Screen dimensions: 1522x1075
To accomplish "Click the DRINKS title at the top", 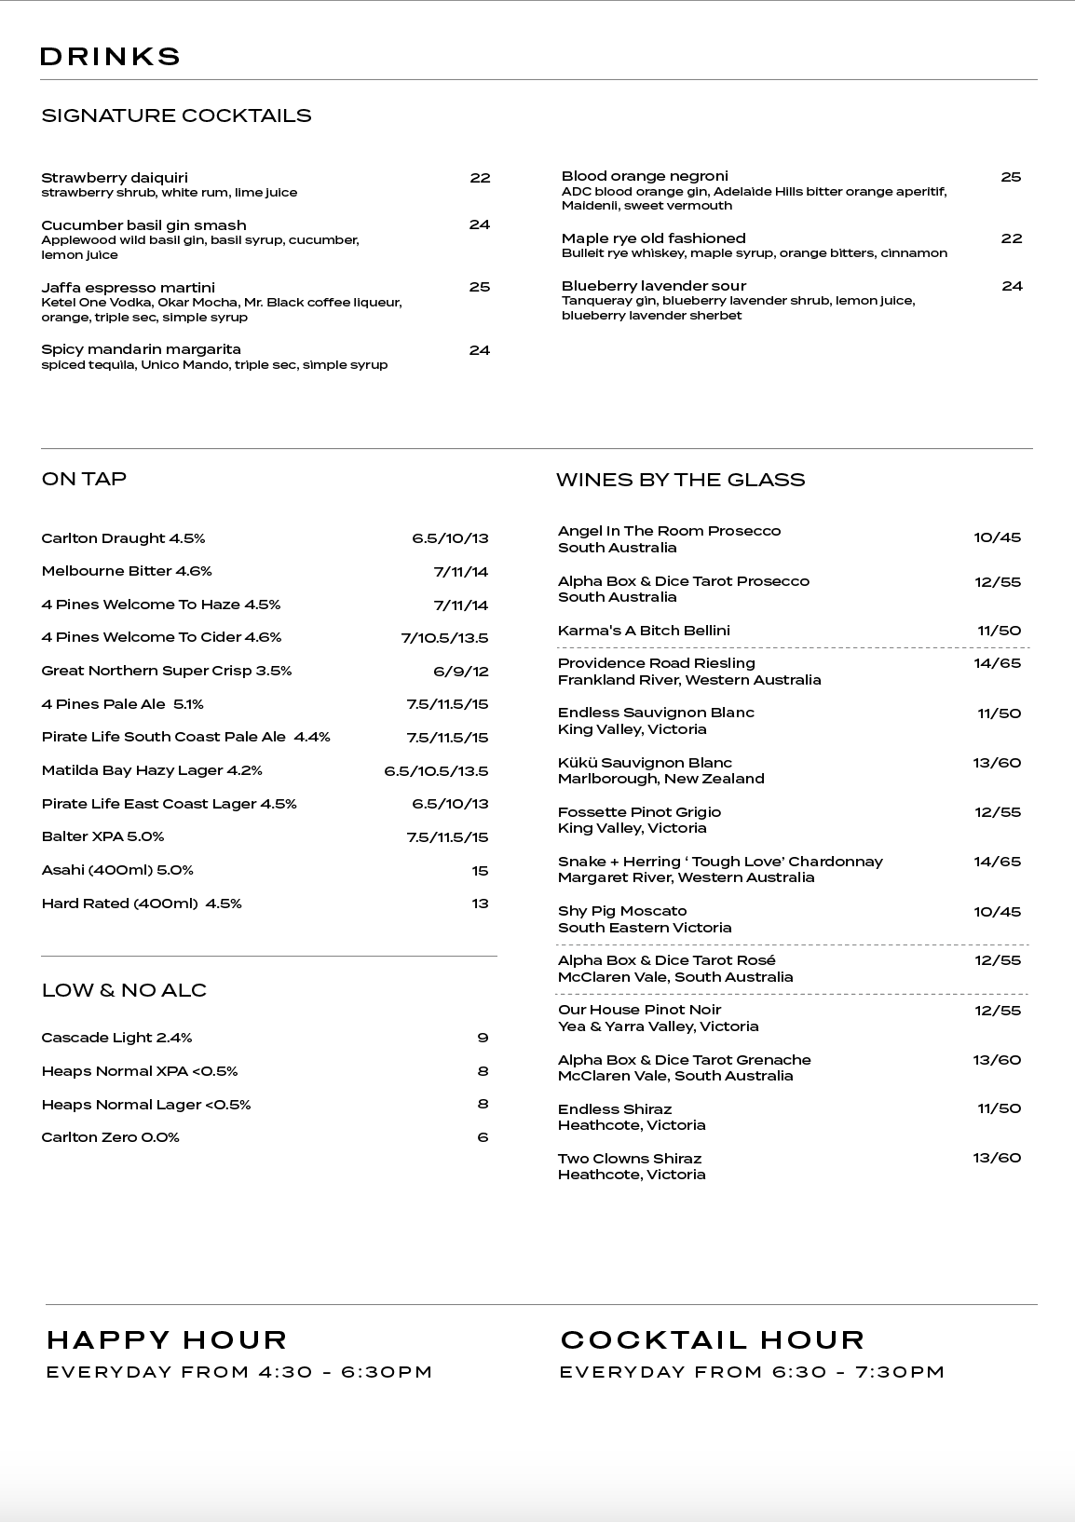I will [x=110, y=57].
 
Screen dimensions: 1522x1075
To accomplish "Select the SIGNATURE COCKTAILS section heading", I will [x=176, y=116].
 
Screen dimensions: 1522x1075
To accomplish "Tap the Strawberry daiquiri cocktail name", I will [x=115, y=178].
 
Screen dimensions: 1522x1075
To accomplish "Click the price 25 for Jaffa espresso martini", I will [x=479, y=287].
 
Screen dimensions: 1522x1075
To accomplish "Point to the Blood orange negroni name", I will [x=645, y=176].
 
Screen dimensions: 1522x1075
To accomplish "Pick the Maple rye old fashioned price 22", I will [x=1011, y=238].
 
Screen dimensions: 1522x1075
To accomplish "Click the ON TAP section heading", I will [x=84, y=479].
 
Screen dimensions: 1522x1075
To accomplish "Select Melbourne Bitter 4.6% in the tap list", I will [x=127, y=571].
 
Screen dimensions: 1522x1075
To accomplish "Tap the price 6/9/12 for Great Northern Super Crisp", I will [x=460, y=672].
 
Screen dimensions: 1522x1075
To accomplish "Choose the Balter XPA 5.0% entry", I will [x=102, y=836].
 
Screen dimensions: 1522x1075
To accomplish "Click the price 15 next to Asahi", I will [x=480, y=871].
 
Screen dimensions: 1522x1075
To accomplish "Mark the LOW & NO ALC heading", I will [x=124, y=990].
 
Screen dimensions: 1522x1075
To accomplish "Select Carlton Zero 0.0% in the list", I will [x=110, y=1137].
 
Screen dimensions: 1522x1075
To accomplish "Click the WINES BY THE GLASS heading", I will [x=680, y=480].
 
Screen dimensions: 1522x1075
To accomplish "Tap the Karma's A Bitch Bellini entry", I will [x=644, y=631].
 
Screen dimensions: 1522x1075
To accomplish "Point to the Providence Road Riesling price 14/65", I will [x=997, y=663].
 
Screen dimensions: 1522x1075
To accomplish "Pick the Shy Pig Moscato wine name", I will [x=622, y=911].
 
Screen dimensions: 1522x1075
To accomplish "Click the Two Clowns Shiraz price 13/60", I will [x=997, y=1158].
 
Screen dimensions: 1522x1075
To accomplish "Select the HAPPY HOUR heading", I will [x=167, y=1339].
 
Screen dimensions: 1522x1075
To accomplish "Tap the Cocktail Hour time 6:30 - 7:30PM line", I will [x=752, y=1372].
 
